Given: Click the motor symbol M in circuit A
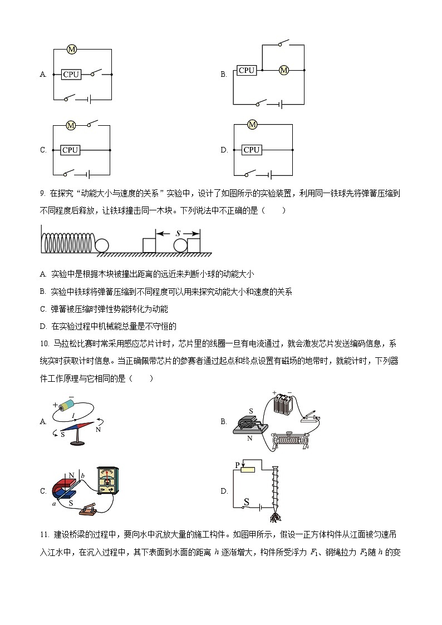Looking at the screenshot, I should tap(71, 50).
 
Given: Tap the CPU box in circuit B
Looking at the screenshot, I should tap(247, 70).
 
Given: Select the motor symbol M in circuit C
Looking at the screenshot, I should tap(71, 126).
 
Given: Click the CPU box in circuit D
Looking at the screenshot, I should tap(252, 150).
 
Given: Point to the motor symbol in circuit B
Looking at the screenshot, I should tap(284, 70).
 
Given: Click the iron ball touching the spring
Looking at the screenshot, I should tap(102, 245).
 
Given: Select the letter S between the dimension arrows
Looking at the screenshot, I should tap(178, 234).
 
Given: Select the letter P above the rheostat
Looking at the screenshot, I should tap(237, 464).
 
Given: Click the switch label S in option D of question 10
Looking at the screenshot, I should tap(245, 501).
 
